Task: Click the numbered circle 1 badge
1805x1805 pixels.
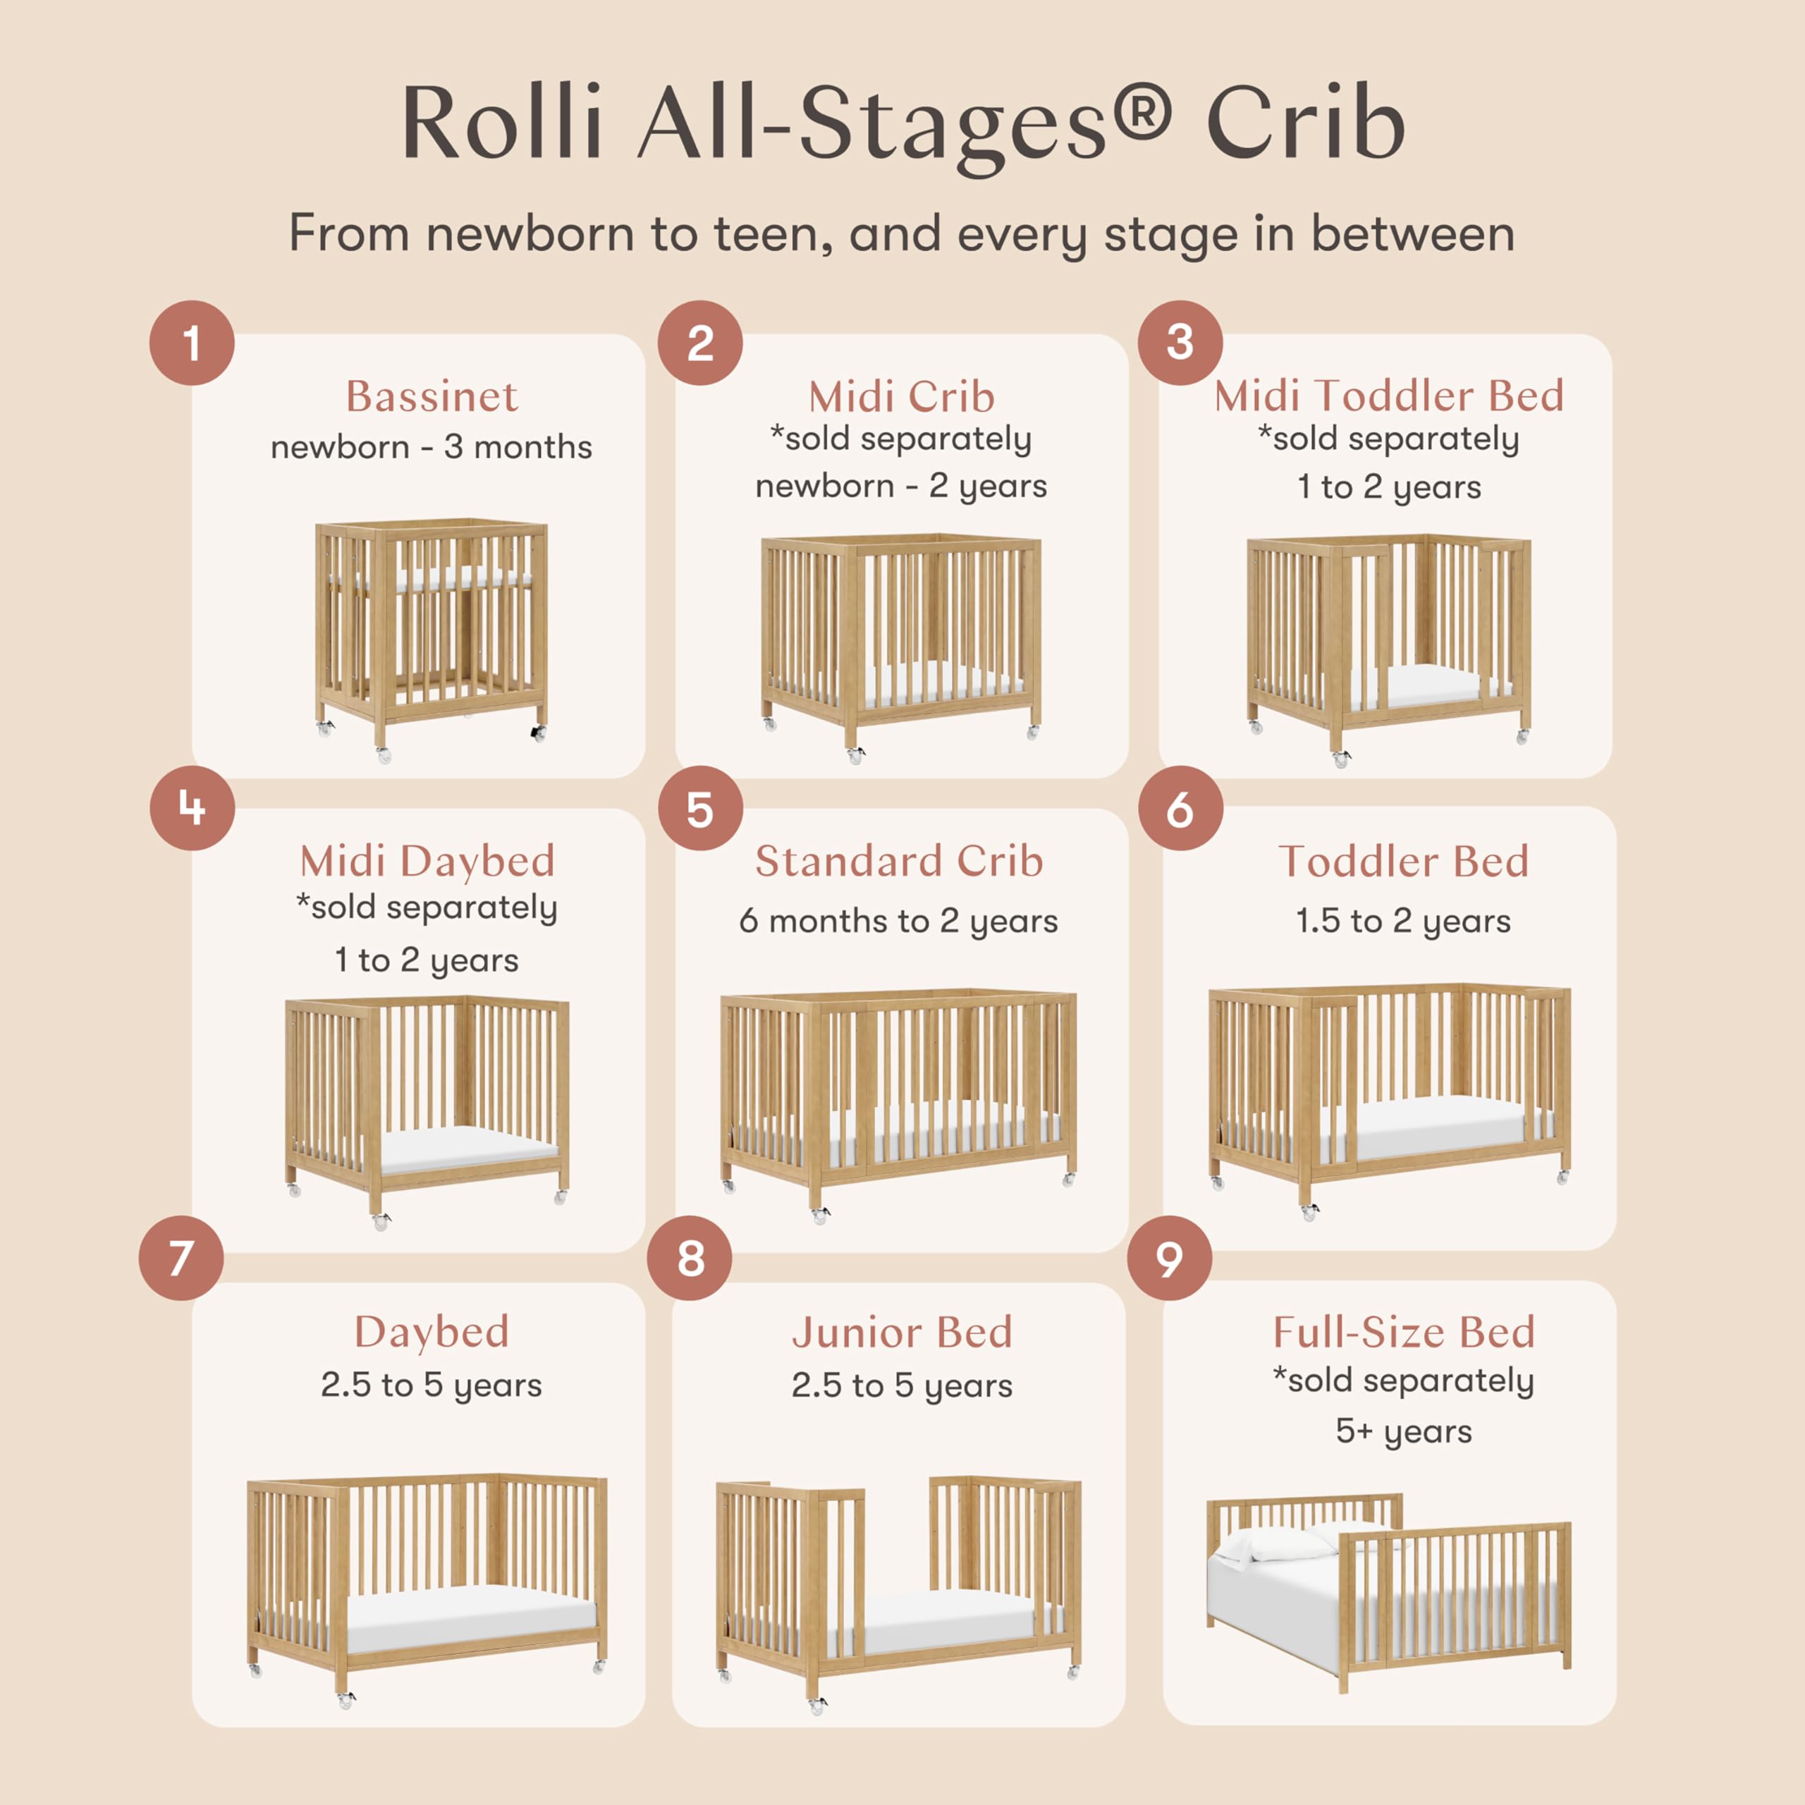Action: (x=192, y=343)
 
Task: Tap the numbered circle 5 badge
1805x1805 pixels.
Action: (x=699, y=808)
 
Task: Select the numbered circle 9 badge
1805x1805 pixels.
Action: (x=1169, y=1259)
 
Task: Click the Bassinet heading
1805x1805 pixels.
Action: (x=432, y=396)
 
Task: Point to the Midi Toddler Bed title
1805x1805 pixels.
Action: (x=1388, y=396)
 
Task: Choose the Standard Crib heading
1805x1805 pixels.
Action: (x=899, y=860)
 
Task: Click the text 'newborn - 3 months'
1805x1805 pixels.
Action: (x=432, y=448)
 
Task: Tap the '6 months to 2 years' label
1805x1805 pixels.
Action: (x=899, y=922)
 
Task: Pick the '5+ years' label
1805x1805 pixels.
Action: (x=1403, y=1431)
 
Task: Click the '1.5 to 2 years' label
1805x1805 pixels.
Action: (x=1403, y=922)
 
